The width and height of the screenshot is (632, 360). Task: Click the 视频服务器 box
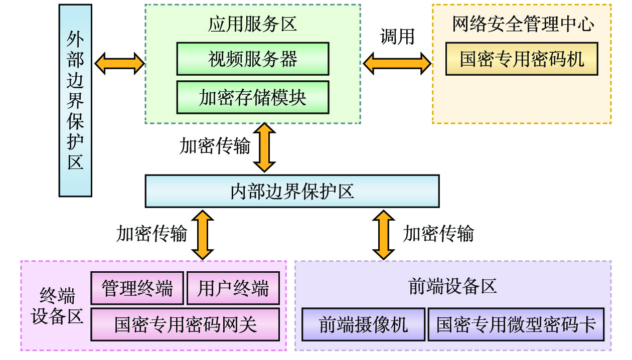[x=252, y=59]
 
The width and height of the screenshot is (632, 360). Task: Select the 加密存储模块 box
[x=252, y=97]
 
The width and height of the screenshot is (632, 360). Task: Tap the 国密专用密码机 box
[x=522, y=59]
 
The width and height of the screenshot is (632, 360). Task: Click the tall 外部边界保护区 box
[x=75, y=100]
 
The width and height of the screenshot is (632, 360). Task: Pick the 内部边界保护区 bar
[x=292, y=191]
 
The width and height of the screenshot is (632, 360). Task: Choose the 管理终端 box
[x=137, y=288]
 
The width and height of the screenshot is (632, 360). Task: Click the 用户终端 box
[x=233, y=288]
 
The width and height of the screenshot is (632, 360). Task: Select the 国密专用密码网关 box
[x=185, y=324]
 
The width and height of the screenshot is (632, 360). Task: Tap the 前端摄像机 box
[x=363, y=324]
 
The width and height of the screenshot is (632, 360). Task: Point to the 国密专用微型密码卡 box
[x=516, y=324]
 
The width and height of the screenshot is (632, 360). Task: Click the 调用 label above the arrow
[x=397, y=37]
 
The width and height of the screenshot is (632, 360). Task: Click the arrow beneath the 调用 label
[x=397, y=64]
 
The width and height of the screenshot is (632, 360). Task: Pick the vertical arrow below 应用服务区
[x=264, y=148]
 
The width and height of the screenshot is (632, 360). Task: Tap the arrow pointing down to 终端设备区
[x=203, y=234]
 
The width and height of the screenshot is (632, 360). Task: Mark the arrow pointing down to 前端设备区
[x=384, y=234]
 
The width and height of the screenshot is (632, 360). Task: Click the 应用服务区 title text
[x=252, y=25]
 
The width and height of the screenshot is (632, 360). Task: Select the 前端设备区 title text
[x=452, y=286]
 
